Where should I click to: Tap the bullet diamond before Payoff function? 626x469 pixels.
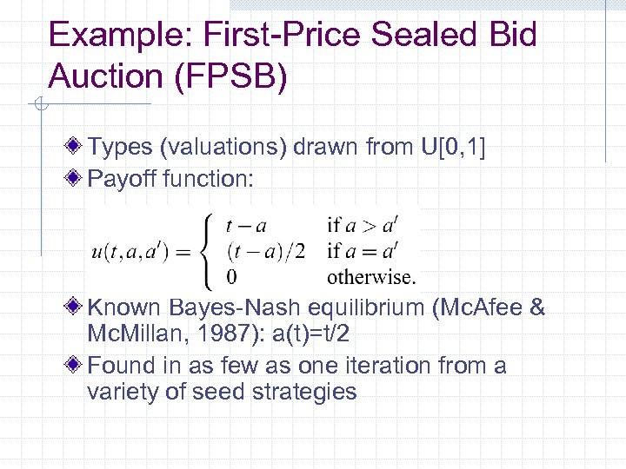77,179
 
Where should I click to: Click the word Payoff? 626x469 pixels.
123,179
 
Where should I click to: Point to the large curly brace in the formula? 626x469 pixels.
208,252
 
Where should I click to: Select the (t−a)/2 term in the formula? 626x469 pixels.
264,252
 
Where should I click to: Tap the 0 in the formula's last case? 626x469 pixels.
230,278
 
